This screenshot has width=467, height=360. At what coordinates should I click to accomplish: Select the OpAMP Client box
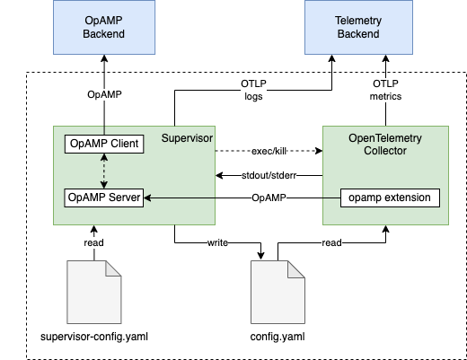click(x=105, y=143)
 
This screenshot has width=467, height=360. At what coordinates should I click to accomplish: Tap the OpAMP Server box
click(x=105, y=197)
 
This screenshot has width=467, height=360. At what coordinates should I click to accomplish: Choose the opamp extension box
click(x=390, y=197)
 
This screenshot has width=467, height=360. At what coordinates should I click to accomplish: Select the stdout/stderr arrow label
click(x=269, y=174)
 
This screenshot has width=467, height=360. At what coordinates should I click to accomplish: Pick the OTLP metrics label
click(x=386, y=90)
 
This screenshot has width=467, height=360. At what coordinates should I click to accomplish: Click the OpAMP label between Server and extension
click(x=269, y=197)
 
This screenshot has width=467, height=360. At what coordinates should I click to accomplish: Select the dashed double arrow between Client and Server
click(x=105, y=170)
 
